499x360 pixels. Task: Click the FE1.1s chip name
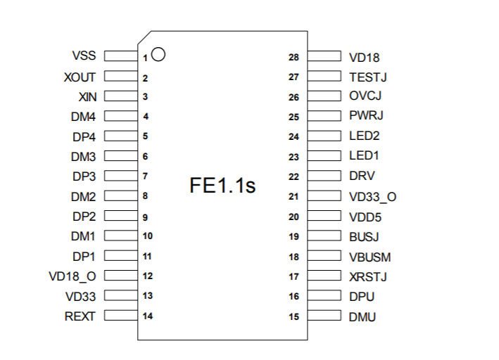pos(222,186)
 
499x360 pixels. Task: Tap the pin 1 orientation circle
pos(158,53)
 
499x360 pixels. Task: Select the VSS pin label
pos(84,56)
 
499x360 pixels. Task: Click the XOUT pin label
pos(80,77)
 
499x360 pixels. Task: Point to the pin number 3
pos(145,97)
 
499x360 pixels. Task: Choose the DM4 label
pos(83,117)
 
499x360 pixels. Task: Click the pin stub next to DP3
pos(120,176)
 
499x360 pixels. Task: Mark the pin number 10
pos(146,236)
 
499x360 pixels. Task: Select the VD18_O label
pos(72,276)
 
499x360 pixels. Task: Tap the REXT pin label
pos(80,316)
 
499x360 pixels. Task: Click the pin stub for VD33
pos(120,296)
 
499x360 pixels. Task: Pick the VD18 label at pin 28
pos(364,57)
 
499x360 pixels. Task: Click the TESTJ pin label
pos(368,77)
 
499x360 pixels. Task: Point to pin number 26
pos(294,97)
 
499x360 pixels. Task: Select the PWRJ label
pos(366,116)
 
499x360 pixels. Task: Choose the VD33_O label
pos(372,197)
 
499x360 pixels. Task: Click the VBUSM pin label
pos(369,257)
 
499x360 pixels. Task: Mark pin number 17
pos(294,276)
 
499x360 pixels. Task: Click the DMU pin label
pos(362,317)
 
